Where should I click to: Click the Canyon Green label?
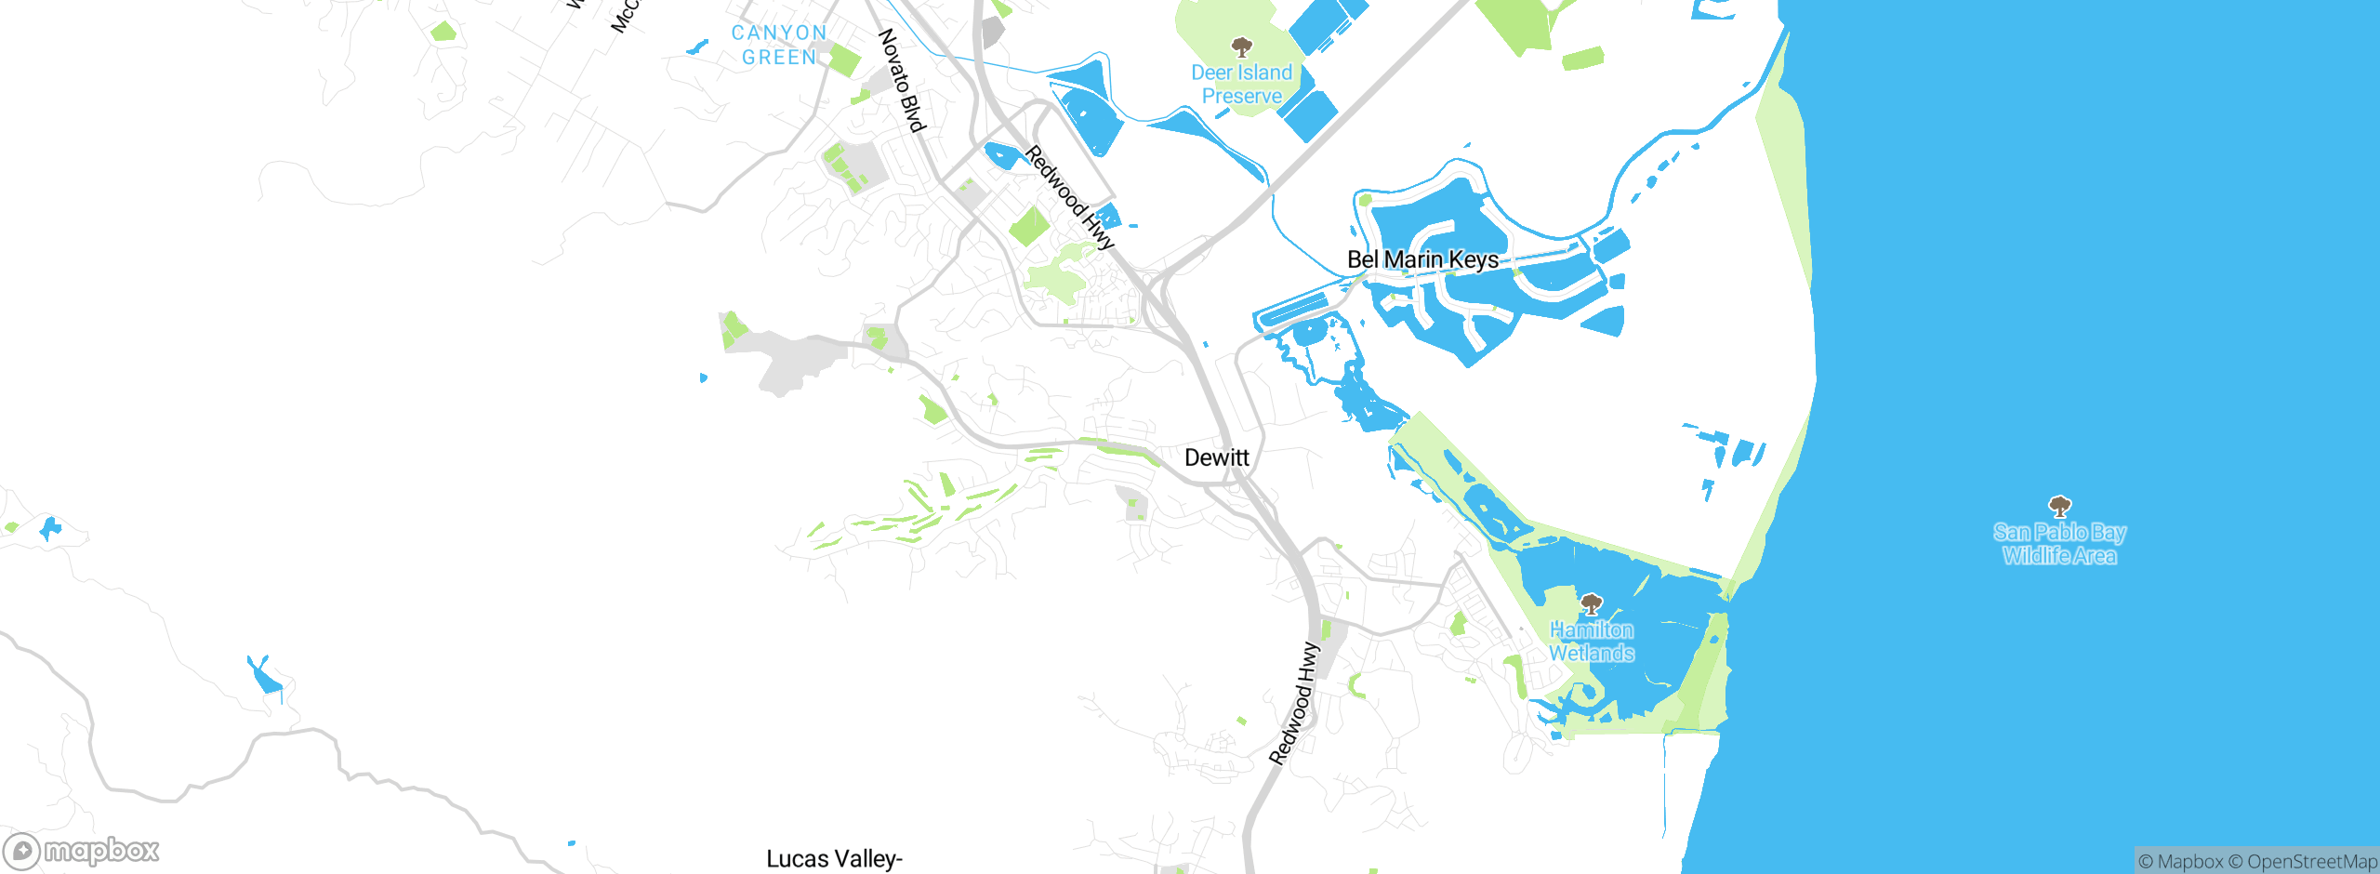coord(779,45)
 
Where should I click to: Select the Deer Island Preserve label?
coord(1242,84)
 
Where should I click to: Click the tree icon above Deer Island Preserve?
coord(1241,46)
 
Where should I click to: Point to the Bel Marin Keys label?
coord(1422,259)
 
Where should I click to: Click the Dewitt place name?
coord(1216,457)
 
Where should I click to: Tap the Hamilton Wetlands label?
coord(1592,642)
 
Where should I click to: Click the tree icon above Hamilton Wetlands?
coord(1592,605)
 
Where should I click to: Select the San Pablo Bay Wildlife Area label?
coord(2059,544)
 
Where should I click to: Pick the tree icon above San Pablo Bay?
coord(2060,507)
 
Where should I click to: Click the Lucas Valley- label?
coord(834,859)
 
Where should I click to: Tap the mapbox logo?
coord(82,851)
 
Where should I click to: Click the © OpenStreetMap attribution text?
coord(2303,862)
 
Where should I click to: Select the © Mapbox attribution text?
coord(2181,862)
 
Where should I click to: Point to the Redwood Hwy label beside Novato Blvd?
coord(1069,197)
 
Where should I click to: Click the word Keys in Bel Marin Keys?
coord(1473,259)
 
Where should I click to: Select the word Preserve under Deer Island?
coord(1242,96)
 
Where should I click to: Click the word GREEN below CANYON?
coord(779,58)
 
